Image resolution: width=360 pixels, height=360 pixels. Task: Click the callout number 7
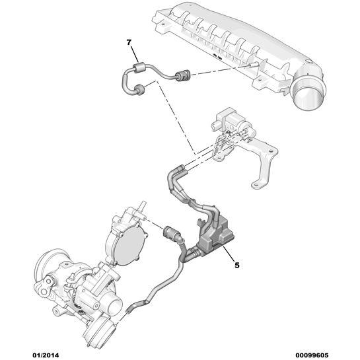coord(129,42)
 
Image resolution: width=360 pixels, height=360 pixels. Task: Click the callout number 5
coord(236,265)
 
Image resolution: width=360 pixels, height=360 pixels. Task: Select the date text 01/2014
coord(46,355)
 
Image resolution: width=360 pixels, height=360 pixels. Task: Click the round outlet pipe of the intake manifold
coord(308,92)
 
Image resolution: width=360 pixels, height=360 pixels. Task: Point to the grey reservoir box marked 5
coord(216,234)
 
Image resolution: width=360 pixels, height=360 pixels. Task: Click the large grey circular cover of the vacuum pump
coord(129,246)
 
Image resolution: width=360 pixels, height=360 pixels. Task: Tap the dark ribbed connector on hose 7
coord(182,76)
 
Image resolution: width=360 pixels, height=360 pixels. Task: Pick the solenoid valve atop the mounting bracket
coord(232,122)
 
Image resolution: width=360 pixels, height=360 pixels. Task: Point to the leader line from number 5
coord(228,254)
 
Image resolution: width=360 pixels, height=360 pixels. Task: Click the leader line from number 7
coord(135,54)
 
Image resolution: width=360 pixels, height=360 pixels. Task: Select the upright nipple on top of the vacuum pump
coord(143,205)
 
